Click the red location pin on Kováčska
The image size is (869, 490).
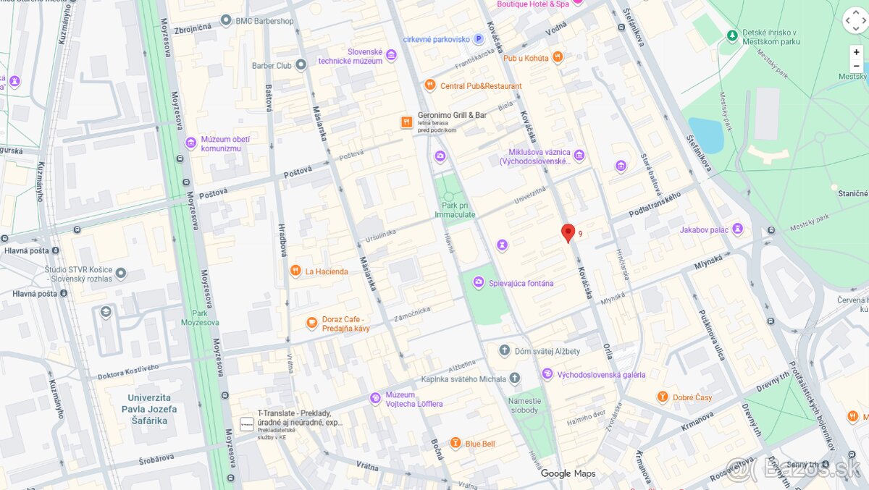568,232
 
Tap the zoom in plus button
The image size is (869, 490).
856,52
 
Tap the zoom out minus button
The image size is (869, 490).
856,66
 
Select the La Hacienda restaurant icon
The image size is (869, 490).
295,271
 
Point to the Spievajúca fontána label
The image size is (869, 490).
521,283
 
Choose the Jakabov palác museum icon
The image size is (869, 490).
738,229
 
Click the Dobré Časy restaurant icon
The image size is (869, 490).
662,397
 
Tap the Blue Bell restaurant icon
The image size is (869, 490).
455,443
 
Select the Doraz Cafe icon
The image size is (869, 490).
312,324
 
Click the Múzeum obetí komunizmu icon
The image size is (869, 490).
190,143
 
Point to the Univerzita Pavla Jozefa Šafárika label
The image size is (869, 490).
152,408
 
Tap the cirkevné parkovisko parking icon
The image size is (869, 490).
478,39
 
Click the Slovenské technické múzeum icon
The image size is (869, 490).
391,56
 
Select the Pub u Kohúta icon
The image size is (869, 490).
557,57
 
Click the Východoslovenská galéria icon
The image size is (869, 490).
547,374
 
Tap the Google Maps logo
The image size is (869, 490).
568,473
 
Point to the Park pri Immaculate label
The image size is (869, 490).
455,210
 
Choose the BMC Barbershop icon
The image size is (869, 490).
226,21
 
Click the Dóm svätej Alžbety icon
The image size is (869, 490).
505,351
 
